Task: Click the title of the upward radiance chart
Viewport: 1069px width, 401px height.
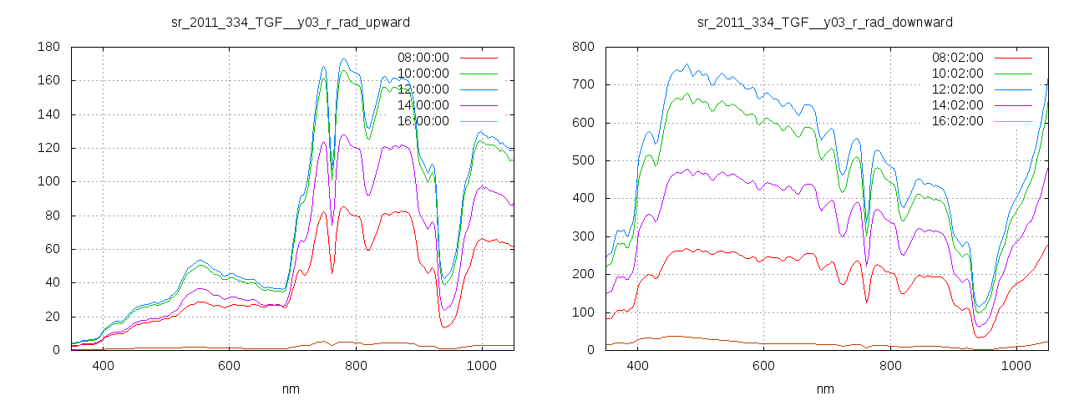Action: coord(291,22)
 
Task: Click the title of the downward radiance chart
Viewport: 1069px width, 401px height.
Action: coord(825,22)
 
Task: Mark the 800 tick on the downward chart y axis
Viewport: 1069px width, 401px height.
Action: coord(582,48)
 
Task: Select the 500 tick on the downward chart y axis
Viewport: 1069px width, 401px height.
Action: coord(582,161)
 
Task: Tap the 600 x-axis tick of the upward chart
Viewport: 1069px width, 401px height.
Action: coord(230,365)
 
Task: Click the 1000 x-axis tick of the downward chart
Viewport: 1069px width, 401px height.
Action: coord(1016,365)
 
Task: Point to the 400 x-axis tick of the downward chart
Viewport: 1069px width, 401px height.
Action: coord(637,365)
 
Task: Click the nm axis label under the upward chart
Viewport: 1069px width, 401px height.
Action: coord(291,388)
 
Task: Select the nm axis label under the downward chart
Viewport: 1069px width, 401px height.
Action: coord(825,388)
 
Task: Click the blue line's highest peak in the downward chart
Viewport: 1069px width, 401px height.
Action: coord(686,64)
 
